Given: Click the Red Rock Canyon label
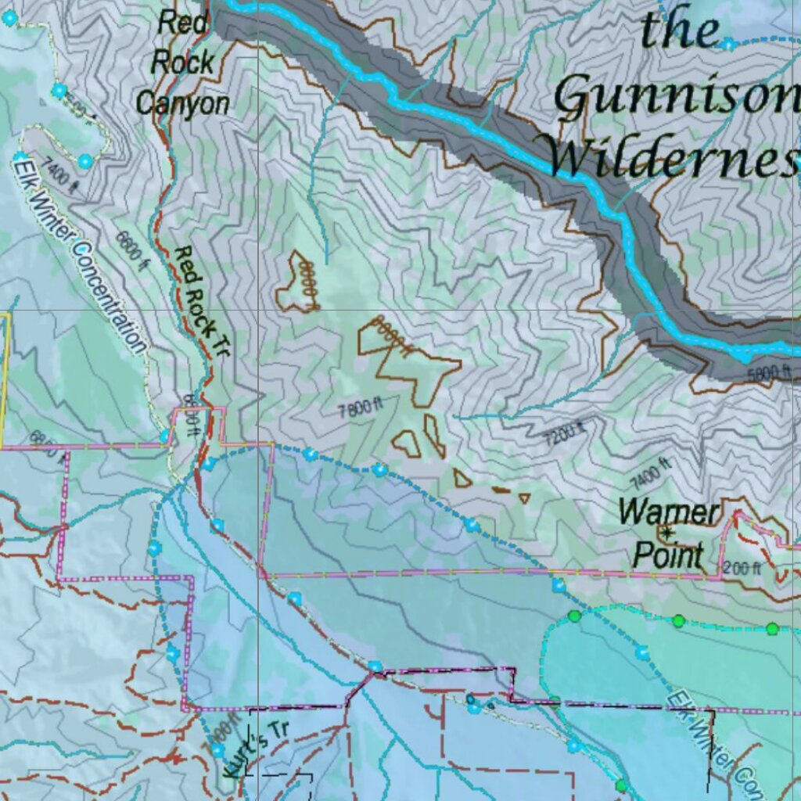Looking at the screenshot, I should (x=184, y=63).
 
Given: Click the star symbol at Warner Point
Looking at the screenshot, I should (x=666, y=533).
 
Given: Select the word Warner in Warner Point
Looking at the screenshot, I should (x=669, y=513).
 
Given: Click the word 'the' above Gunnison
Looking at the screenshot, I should (x=680, y=31).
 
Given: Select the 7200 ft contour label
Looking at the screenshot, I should (x=565, y=432).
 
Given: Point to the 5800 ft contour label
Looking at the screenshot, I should (x=772, y=372).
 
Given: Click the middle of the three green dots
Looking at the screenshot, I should (x=678, y=620).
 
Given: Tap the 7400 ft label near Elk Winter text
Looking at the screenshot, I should (x=62, y=176).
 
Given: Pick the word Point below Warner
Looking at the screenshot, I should (x=667, y=555).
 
